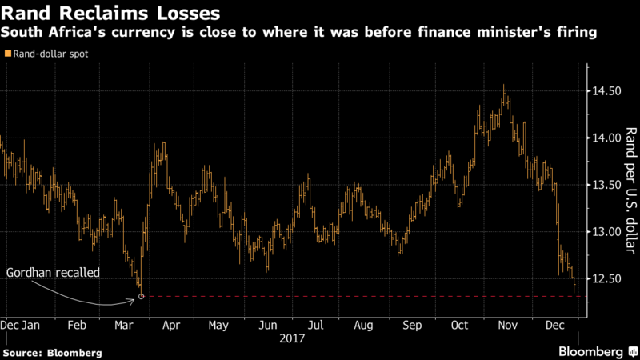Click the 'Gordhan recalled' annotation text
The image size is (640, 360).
pos(53,273)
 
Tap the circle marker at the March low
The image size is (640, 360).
pos(142,297)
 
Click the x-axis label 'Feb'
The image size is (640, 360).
pos(77,326)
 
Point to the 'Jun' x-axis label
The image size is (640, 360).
pos(268,326)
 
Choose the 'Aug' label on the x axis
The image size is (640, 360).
pos(363,326)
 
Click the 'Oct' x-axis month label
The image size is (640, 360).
pos(459,326)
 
